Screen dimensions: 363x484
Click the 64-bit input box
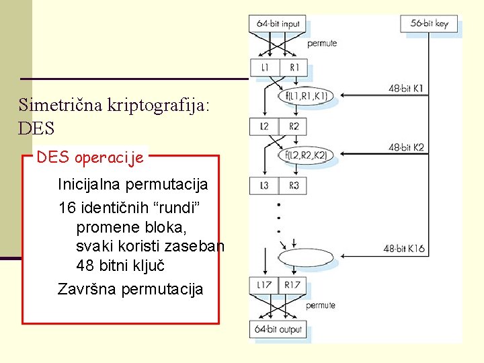click(x=278, y=24)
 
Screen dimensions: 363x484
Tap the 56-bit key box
click(x=429, y=24)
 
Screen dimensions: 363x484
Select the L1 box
click(x=264, y=67)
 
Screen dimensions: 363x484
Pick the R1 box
click(x=293, y=67)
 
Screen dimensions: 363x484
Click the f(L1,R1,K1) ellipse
click(x=306, y=97)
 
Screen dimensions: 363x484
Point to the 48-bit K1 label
click(x=406, y=88)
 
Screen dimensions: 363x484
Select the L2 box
click(x=264, y=126)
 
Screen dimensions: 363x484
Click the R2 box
click(x=293, y=126)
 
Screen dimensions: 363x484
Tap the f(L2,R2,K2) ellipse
click(x=306, y=156)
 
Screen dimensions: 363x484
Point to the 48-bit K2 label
click(x=406, y=147)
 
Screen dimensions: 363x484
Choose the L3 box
click(x=264, y=186)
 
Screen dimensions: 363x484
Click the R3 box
click(x=293, y=186)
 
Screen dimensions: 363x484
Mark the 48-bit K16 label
click(x=404, y=249)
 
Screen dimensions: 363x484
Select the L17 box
click(x=264, y=285)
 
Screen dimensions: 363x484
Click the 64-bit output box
click(x=278, y=329)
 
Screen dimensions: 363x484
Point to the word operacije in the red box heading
click(x=109, y=159)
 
